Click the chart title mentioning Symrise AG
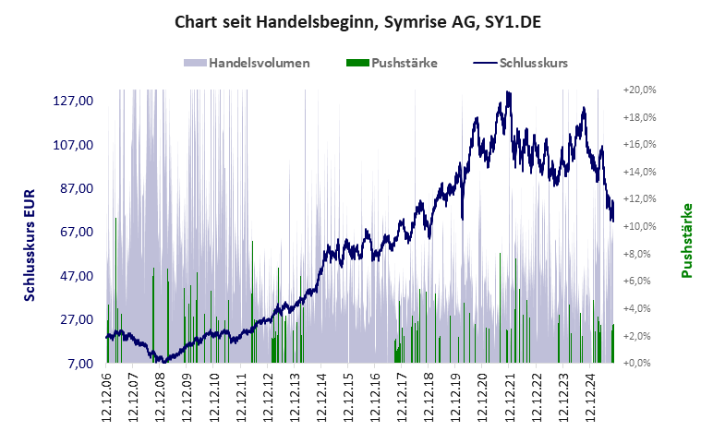(x=356, y=21)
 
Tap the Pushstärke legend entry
(x=391, y=64)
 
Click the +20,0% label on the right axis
(x=639, y=90)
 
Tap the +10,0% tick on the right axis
(x=639, y=227)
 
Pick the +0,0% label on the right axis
(x=639, y=364)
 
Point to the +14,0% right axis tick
(x=639, y=173)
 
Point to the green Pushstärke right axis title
(x=686, y=240)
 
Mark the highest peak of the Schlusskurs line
(x=508, y=92)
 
